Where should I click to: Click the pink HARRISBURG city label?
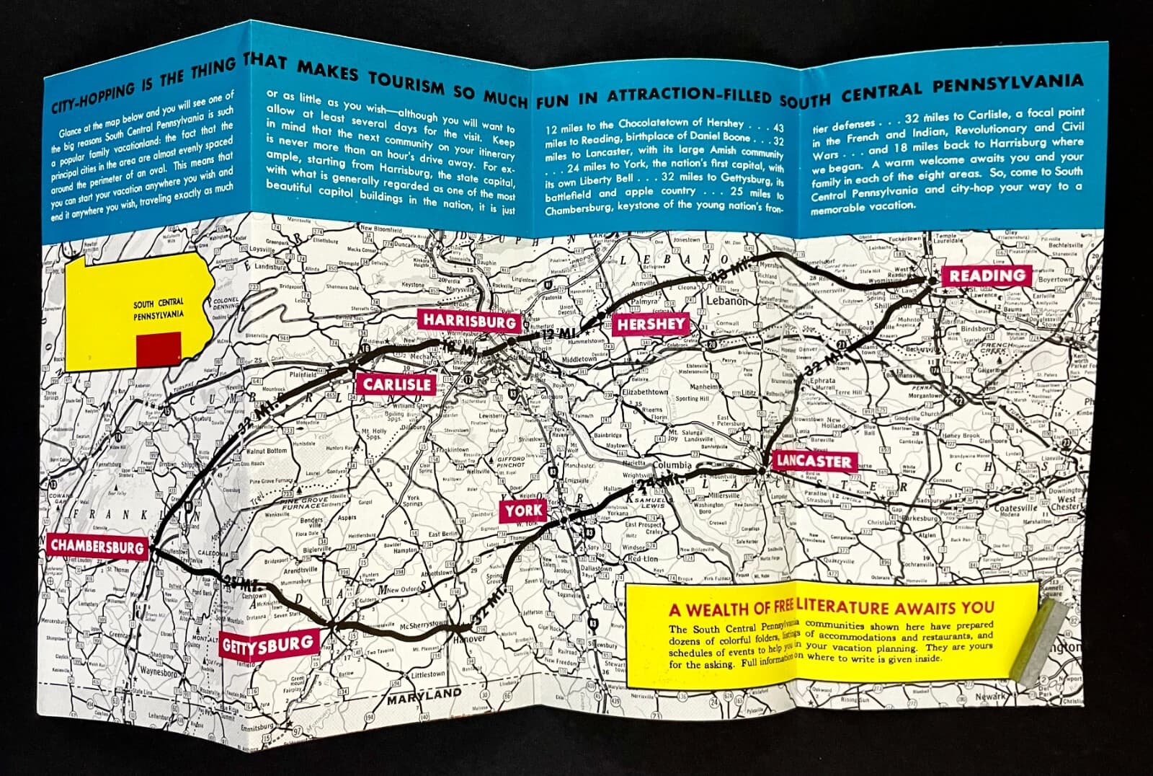pos(469,321)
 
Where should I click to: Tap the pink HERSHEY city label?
pos(650,325)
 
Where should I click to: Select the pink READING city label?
pos(987,275)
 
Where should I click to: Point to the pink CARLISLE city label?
pos(397,384)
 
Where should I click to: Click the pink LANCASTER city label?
pos(813,461)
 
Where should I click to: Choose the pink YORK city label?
pos(524,511)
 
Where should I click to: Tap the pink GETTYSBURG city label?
pos(268,644)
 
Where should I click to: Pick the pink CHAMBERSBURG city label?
pos(97,547)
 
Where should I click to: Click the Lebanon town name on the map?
pos(727,301)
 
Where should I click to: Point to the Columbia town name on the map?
pos(672,466)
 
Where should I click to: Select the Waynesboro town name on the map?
pos(159,671)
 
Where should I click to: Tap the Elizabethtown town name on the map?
pos(646,392)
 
